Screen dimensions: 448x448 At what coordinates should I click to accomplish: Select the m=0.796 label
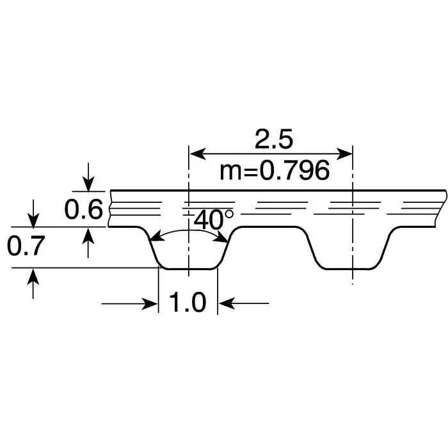(x=275, y=171)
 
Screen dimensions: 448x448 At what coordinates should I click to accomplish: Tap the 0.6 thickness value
(x=84, y=209)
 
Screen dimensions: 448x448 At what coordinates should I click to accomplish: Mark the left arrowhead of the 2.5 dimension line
(x=195, y=154)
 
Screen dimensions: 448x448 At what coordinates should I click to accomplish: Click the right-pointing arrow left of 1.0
(x=150, y=303)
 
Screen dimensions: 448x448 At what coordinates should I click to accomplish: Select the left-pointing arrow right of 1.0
(x=227, y=303)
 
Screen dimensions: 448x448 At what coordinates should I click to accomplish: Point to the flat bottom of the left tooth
(x=188, y=269)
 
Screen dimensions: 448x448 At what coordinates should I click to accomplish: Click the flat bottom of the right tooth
(x=352, y=269)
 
